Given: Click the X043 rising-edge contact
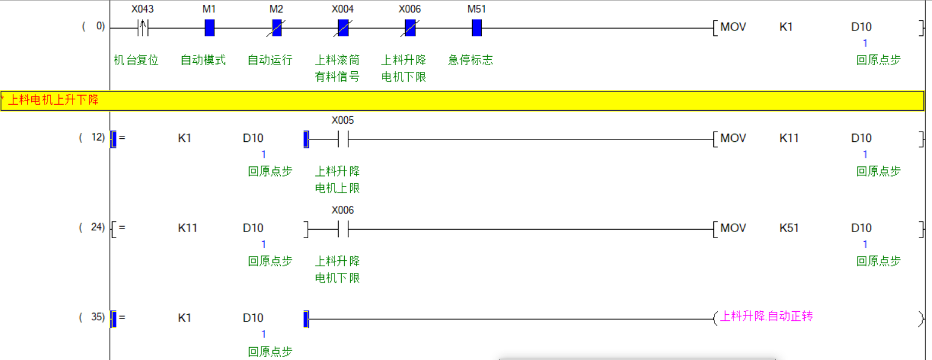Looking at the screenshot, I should coord(143,27).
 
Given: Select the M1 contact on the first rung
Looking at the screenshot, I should coord(210,27).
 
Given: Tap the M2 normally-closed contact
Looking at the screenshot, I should coord(277,27).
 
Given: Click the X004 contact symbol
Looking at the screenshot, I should coord(343,27).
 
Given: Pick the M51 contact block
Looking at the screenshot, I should coord(476,27).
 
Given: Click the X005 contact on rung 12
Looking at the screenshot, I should coord(343,139).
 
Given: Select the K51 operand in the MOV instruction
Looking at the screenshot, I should coord(789,228).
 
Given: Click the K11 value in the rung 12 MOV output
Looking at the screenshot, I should coord(789,138).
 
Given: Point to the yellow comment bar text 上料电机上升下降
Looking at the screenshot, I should coord(53,100).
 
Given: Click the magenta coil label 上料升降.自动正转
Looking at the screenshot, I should coord(766,316).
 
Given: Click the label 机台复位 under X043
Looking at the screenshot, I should coord(136,60).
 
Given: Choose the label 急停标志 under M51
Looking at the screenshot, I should coord(471,60).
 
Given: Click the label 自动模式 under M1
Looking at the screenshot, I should coord(203,60).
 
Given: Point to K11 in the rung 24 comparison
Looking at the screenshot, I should coord(188,228).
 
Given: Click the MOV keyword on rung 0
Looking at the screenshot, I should coord(733,27).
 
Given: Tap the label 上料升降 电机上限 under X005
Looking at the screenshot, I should coord(337,180).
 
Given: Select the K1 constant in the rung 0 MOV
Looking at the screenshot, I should coord(786,27).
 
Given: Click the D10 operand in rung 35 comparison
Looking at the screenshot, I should coord(253,317).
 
